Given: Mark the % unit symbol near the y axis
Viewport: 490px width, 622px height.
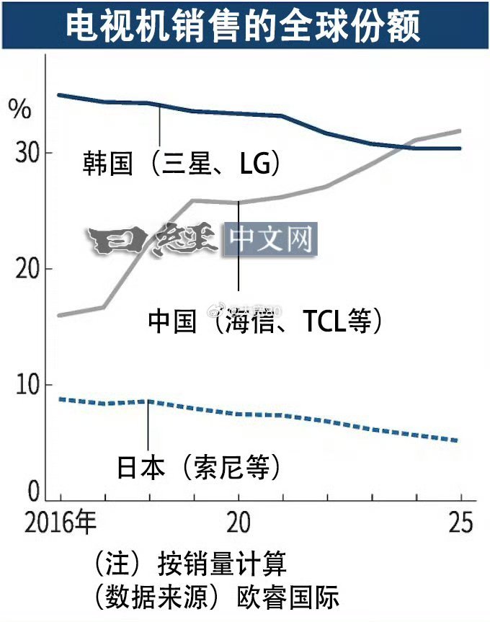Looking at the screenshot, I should (19, 110).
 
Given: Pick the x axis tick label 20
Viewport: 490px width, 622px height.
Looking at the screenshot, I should (239, 523).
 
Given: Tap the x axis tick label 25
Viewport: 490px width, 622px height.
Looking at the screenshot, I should (460, 523).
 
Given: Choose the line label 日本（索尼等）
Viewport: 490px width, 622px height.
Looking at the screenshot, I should (199, 468).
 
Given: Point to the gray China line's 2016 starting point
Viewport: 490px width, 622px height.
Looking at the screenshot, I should (60, 316).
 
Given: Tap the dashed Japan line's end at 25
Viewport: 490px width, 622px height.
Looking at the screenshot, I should (460, 441).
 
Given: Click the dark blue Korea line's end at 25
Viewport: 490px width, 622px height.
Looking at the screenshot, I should (460, 148).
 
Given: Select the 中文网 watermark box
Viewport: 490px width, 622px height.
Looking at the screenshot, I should (269, 240).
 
